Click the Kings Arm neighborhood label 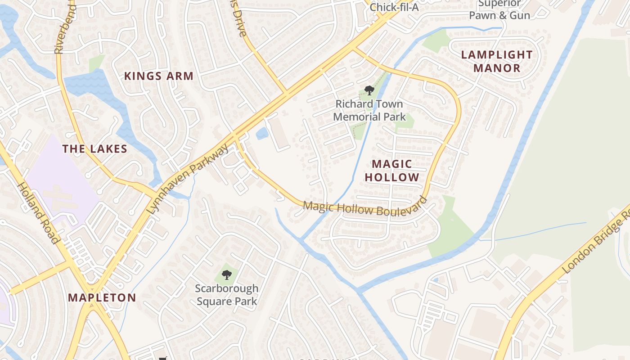pyautogui.click(x=159, y=76)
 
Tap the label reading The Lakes pyautogui.click(x=95, y=149)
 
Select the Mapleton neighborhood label pyautogui.click(x=102, y=297)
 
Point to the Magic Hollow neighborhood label pyautogui.click(x=392, y=171)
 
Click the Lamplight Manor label pyautogui.click(x=497, y=61)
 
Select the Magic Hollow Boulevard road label pyautogui.click(x=364, y=209)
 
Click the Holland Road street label pyautogui.click(x=39, y=213)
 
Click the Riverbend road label pyautogui.click(x=59, y=27)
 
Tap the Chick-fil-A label pyautogui.click(x=394, y=7)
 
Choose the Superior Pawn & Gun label pyautogui.click(x=499, y=9)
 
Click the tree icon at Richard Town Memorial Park pyautogui.click(x=369, y=90)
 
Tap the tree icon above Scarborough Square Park pyautogui.click(x=227, y=274)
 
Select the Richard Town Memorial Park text pyautogui.click(x=369, y=110)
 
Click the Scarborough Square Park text pyautogui.click(x=227, y=295)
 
